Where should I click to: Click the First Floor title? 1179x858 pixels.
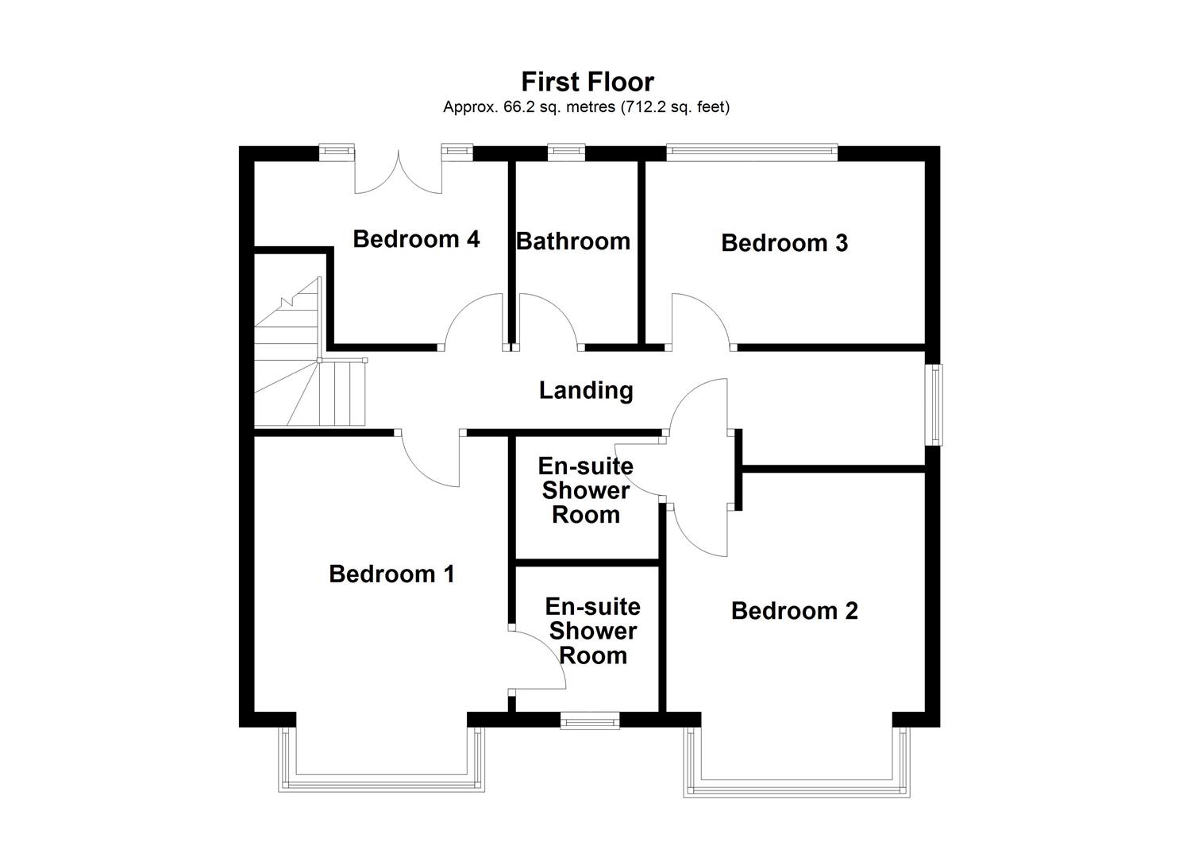click(588, 82)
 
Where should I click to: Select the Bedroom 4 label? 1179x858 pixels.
click(416, 238)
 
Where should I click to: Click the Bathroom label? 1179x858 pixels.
click(573, 241)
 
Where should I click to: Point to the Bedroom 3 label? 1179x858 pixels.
click(784, 242)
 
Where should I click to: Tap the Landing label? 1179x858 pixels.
click(586, 390)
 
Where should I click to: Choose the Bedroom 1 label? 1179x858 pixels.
click(391, 574)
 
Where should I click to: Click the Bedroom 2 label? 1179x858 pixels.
click(794, 610)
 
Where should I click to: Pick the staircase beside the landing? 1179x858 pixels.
click(306, 365)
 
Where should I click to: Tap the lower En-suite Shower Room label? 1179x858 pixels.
click(592, 631)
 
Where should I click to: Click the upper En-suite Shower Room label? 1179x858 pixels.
click(586, 490)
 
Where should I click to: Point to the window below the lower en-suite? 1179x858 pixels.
click(589, 721)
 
